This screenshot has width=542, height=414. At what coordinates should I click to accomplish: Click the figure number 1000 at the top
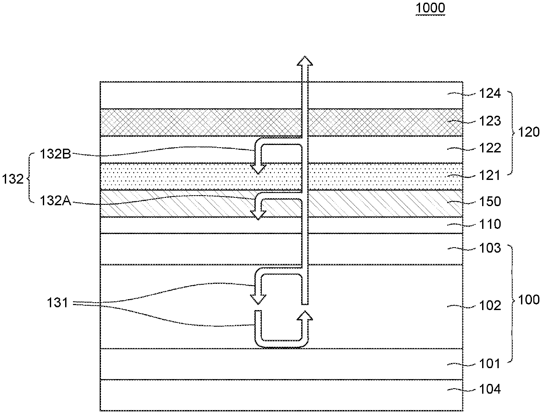click(x=430, y=8)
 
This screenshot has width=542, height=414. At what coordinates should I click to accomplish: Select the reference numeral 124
click(x=490, y=93)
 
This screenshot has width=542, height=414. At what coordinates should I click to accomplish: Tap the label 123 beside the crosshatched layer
click(x=490, y=121)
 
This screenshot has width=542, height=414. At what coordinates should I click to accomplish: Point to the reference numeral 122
click(x=490, y=148)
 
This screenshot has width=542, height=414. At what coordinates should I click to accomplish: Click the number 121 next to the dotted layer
click(x=490, y=176)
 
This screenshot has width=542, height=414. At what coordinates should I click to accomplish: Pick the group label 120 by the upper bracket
click(x=528, y=132)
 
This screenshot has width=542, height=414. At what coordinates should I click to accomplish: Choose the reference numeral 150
click(x=490, y=201)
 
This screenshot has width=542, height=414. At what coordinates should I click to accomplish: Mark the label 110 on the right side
click(x=490, y=224)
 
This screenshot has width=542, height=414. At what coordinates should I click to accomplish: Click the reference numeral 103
click(x=490, y=248)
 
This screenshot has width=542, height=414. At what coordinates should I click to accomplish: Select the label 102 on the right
click(x=490, y=306)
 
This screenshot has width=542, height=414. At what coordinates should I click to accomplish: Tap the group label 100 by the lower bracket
click(x=528, y=300)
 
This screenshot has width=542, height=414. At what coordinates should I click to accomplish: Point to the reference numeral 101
click(x=490, y=364)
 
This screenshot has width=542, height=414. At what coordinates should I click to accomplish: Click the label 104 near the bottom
click(x=490, y=389)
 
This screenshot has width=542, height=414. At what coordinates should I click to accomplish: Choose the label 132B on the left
click(x=56, y=154)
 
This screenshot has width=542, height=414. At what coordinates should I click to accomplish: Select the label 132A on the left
click(x=56, y=201)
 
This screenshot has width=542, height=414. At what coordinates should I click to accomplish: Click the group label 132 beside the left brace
click(x=13, y=179)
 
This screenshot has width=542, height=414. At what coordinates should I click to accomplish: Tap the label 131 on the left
click(x=58, y=303)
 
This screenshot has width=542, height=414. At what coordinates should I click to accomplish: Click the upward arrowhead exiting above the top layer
click(x=305, y=61)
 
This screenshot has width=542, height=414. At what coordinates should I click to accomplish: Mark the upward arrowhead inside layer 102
click(x=305, y=316)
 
